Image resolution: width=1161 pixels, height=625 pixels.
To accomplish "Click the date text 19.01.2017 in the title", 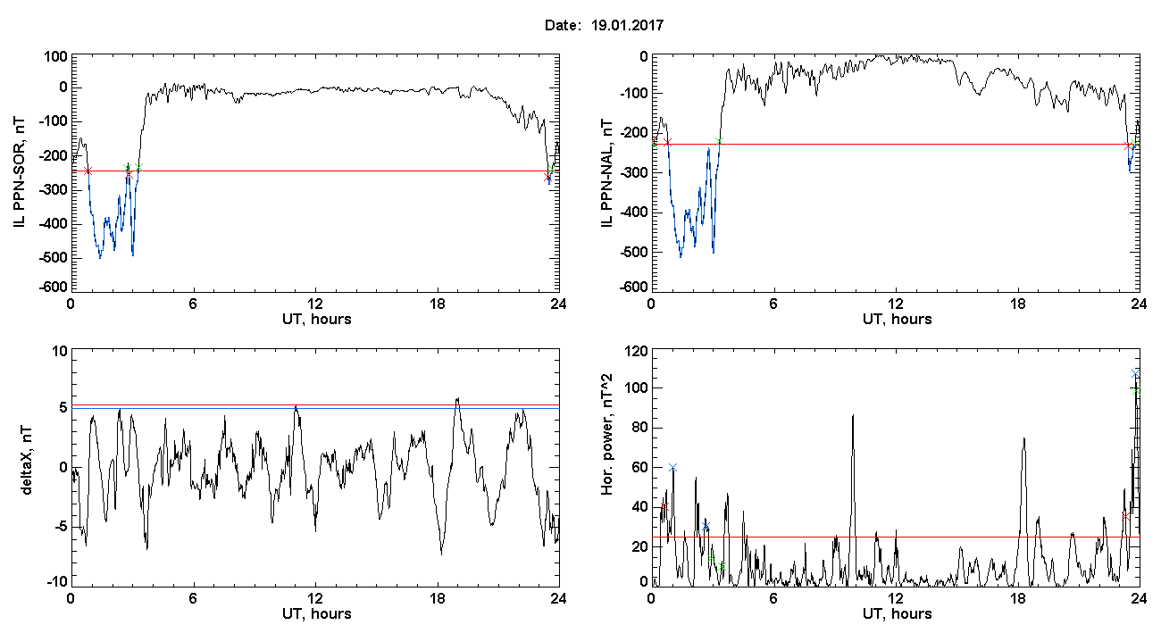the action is pos(627,25).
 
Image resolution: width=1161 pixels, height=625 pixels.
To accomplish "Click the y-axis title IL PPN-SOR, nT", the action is pos(19,173).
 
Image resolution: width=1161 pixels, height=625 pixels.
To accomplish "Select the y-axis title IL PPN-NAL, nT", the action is pos(607,173).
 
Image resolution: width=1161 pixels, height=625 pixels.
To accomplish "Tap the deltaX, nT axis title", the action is pos(27,461).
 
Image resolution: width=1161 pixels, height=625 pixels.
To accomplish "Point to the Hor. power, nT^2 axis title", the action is pos(607,434).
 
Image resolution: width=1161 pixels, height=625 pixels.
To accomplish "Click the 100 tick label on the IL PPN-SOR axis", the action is pos(55,56).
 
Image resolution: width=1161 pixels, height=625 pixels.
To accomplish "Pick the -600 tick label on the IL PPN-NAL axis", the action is pos(634,287).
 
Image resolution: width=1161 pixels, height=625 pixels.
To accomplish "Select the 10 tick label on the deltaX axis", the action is pos(60,352).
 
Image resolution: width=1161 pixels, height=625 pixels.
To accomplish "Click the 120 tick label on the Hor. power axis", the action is pos(637,352).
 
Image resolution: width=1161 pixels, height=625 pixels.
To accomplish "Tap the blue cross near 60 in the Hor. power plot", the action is pos(672,468).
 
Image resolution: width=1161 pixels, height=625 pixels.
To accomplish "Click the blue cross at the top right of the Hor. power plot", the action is pos(1135,373).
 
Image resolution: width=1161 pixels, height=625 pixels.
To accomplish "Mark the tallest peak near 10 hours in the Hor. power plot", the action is pos(853,414).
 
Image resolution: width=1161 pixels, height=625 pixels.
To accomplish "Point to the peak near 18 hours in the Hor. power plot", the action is pos(1024,438).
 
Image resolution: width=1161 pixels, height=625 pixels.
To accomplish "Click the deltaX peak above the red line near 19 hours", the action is pos(457,398).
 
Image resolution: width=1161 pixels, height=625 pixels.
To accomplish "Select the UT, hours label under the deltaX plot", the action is pos(317,614).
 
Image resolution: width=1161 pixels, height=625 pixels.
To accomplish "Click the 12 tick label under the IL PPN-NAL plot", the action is pos(895,304).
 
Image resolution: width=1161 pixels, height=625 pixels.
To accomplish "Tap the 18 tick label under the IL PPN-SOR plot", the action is pos(437,304).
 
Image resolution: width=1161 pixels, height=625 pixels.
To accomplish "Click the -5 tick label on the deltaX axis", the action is pos(60,527).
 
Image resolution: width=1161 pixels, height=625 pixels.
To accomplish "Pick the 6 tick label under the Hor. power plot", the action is pos(773,598).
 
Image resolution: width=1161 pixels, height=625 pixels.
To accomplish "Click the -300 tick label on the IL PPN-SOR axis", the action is pos(53,190).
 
